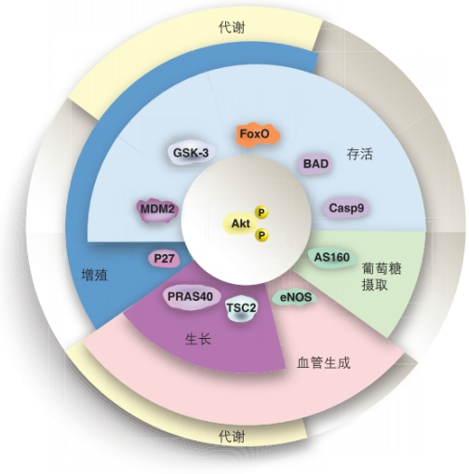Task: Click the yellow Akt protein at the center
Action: pyautogui.click(x=240, y=223)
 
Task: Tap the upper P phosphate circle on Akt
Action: pyautogui.click(x=261, y=212)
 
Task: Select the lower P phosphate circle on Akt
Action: pyautogui.click(x=261, y=236)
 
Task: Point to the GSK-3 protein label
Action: pyautogui.click(x=191, y=153)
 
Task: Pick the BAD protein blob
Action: pyautogui.click(x=315, y=164)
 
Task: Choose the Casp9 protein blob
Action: pyautogui.click(x=346, y=208)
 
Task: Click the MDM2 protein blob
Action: pyautogui.click(x=157, y=210)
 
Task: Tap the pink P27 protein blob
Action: pyautogui.click(x=164, y=259)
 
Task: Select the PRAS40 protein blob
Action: pyautogui.click(x=191, y=297)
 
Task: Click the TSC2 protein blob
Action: pyautogui.click(x=241, y=309)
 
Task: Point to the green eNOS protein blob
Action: pyautogui.click(x=295, y=297)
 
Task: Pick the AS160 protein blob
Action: pyautogui.click(x=332, y=257)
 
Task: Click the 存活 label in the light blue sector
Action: pyautogui.click(x=359, y=155)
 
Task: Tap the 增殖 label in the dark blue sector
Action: pyautogui.click(x=95, y=275)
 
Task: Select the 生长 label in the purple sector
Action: pyautogui.click(x=198, y=339)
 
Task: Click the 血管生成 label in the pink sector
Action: pyautogui.click(x=324, y=362)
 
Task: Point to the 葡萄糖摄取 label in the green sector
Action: pyautogui.click(x=382, y=277)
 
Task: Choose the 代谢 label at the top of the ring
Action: pyautogui.click(x=232, y=28)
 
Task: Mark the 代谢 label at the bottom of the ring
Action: pyautogui.click(x=232, y=437)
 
